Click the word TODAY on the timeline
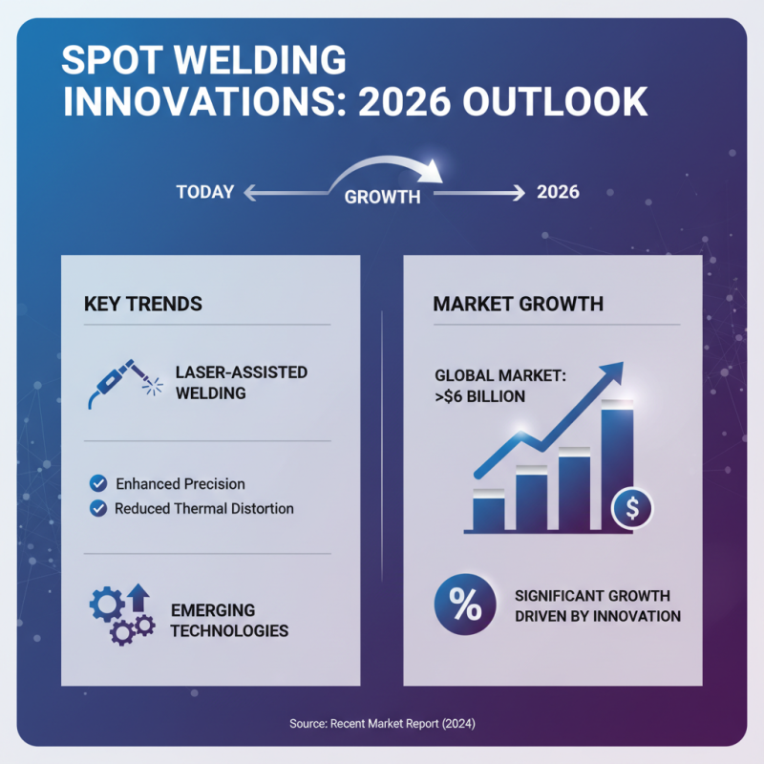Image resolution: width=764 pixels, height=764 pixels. [204, 192]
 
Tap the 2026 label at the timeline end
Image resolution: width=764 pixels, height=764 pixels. [558, 192]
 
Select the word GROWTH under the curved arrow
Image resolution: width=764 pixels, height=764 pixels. [382, 198]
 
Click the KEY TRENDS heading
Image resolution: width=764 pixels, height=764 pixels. [143, 304]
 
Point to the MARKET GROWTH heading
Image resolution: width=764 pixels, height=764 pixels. [518, 304]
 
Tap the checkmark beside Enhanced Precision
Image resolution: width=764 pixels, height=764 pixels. [97, 483]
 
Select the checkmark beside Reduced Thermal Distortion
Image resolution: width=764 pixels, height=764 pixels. [97, 508]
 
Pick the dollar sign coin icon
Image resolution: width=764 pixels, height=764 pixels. [632, 508]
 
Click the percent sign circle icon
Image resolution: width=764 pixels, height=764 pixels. [465, 605]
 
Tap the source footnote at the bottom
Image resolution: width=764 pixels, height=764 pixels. [382, 724]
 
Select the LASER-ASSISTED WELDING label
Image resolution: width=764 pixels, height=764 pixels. [241, 382]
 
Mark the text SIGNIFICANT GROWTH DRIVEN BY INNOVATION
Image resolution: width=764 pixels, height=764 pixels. [598, 605]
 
